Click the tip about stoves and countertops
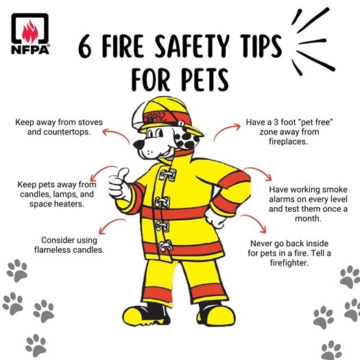point(59,127)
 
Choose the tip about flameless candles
point(69,245)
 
